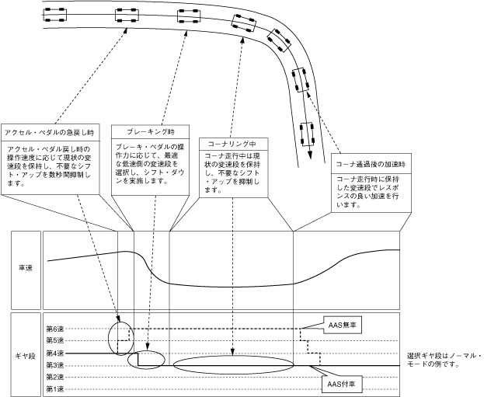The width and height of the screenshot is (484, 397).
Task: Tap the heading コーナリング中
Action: point(234,144)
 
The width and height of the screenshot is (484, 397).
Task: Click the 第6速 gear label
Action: point(54,329)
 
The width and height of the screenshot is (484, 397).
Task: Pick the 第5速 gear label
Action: point(54,340)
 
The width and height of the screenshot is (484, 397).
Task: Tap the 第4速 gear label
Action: point(54,353)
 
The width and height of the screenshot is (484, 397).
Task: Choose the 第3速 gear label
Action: point(54,364)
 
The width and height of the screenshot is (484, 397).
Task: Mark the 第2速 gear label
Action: point(54,377)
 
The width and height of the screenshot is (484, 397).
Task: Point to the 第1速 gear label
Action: point(54,388)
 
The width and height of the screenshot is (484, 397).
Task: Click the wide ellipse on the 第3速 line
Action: point(234,365)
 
